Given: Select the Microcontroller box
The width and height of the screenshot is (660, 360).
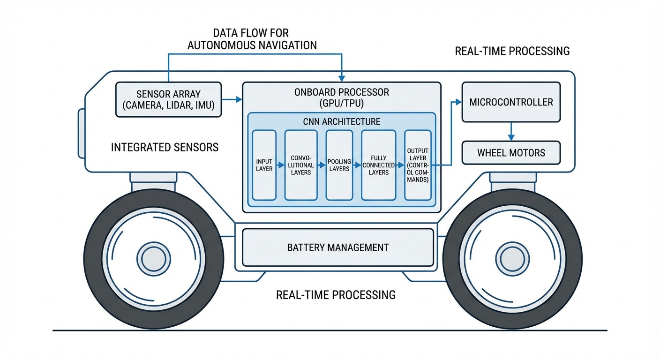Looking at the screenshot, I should tap(511, 102).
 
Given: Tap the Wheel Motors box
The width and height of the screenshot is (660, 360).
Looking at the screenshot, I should tap(511, 153).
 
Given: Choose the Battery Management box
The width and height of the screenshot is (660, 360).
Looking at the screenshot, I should tap(337, 247).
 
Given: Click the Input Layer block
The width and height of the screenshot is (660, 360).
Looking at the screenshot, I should tap(264, 165).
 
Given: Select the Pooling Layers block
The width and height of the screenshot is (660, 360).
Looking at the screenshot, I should tap(339, 165).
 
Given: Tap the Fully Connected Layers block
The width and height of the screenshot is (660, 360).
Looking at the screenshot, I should tap(378, 165).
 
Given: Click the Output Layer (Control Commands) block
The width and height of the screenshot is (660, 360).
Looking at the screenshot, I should tap(417, 165).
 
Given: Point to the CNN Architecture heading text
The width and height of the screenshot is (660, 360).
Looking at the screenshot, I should tap(341, 122).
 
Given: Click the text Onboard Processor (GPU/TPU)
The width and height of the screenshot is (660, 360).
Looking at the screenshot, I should tap(341, 97).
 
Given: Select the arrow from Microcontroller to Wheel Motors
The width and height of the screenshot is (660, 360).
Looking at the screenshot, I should tap(511, 131).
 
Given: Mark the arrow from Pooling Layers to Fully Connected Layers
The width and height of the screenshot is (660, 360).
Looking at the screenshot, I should tap(357, 165).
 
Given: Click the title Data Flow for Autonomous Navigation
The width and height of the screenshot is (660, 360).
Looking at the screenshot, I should tap(252, 39).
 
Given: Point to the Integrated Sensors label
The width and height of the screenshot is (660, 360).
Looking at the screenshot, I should tap(165, 147).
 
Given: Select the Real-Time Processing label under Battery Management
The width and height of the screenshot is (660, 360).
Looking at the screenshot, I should tap(336, 295).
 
